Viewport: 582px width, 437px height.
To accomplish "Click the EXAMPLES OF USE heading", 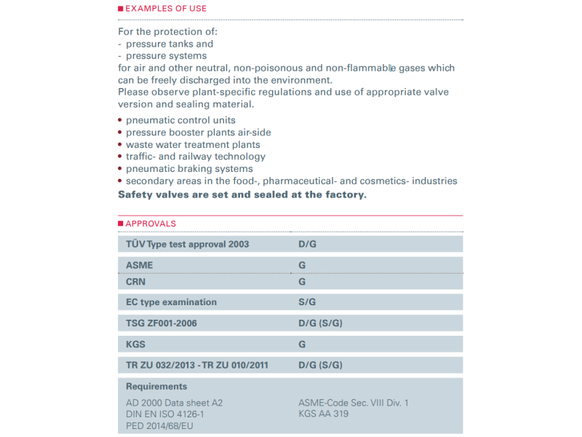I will (x=166, y=9).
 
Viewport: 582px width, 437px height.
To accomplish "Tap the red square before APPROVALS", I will (x=121, y=224).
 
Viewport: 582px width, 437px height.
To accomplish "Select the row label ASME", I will (x=140, y=265).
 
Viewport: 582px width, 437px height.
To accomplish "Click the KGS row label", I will (x=137, y=344).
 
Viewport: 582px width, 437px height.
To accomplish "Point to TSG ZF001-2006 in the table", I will (x=162, y=323).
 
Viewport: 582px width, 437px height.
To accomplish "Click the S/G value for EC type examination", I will (x=308, y=302).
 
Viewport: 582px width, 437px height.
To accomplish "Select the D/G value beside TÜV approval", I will (x=308, y=244).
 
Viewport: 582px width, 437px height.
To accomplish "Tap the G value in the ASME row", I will (x=302, y=265).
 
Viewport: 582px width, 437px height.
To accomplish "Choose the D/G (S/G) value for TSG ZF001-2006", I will (x=320, y=323).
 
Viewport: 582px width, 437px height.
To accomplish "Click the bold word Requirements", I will (x=156, y=387).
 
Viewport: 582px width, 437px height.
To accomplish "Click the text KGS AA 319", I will (x=324, y=414).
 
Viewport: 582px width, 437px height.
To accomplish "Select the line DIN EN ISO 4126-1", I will (x=165, y=414).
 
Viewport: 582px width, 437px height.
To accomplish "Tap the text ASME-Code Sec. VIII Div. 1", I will (x=354, y=403).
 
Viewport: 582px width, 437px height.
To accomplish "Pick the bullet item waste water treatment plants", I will (x=193, y=144).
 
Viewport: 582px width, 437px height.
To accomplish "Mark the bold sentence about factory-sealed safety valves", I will (x=242, y=194).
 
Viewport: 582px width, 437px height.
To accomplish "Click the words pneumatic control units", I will (x=180, y=120).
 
